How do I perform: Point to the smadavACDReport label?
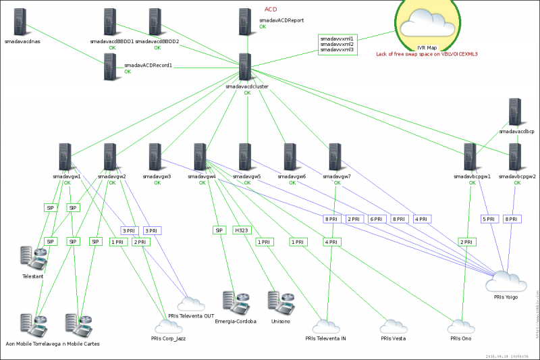click(x=281, y=21)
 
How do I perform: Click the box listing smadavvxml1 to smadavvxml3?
click(x=337, y=45)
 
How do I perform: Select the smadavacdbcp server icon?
click(x=515, y=113)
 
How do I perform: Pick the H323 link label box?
click(x=242, y=230)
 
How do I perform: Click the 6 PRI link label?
click(x=377, y=219)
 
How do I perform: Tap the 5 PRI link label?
click(x=489, y=219)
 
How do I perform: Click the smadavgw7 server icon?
click(x=335, y=157)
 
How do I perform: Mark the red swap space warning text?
click(x=427, y=53)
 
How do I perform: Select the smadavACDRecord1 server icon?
click(x=110, y=68)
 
